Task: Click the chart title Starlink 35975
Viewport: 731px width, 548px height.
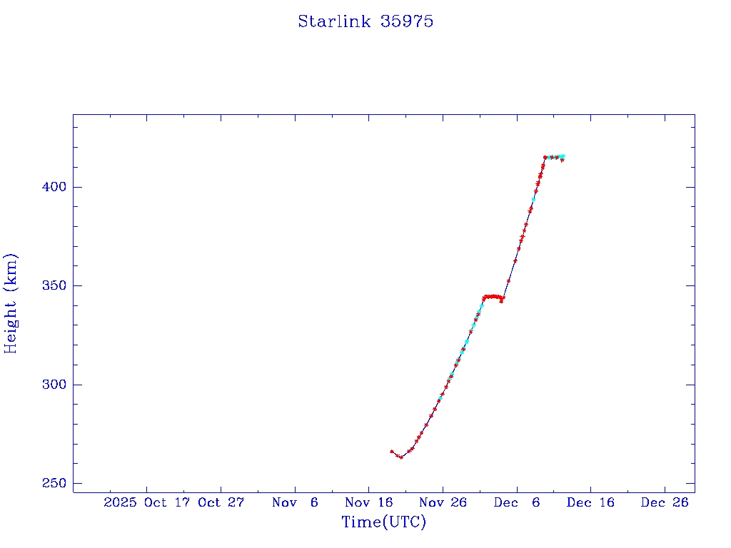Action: pos(365,21)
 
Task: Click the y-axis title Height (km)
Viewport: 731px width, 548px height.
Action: pos(11,303)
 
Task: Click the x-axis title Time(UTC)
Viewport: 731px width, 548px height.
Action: pos(384,522)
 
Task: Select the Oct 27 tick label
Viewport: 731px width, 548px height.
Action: pos(221,502)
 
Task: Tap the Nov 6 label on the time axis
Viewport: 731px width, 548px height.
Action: pos(295,502)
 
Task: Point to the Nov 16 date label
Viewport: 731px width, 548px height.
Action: pos(368,502)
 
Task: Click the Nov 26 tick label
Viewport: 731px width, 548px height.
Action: pos(443,502)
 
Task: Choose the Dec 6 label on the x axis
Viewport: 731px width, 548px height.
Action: pos(516,502)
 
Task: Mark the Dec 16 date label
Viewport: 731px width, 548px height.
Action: pos(590,502)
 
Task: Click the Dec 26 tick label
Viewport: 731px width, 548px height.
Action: pos(665,502)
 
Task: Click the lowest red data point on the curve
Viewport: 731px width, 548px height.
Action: pos(401,457)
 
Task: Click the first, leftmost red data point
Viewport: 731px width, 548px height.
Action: pos(392,452)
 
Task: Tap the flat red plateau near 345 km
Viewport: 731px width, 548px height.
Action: pos(493,297)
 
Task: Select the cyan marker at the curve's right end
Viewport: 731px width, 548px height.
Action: pos(563,156)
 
